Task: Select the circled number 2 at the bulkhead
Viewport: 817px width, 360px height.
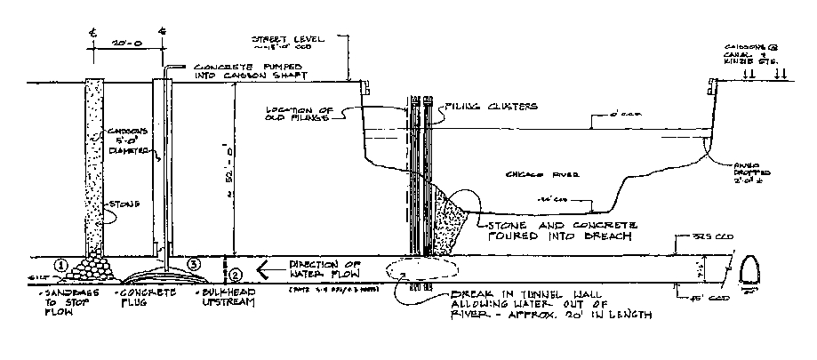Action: [x=235, y=264]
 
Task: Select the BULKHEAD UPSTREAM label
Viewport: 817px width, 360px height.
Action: [x=220, y=295]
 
